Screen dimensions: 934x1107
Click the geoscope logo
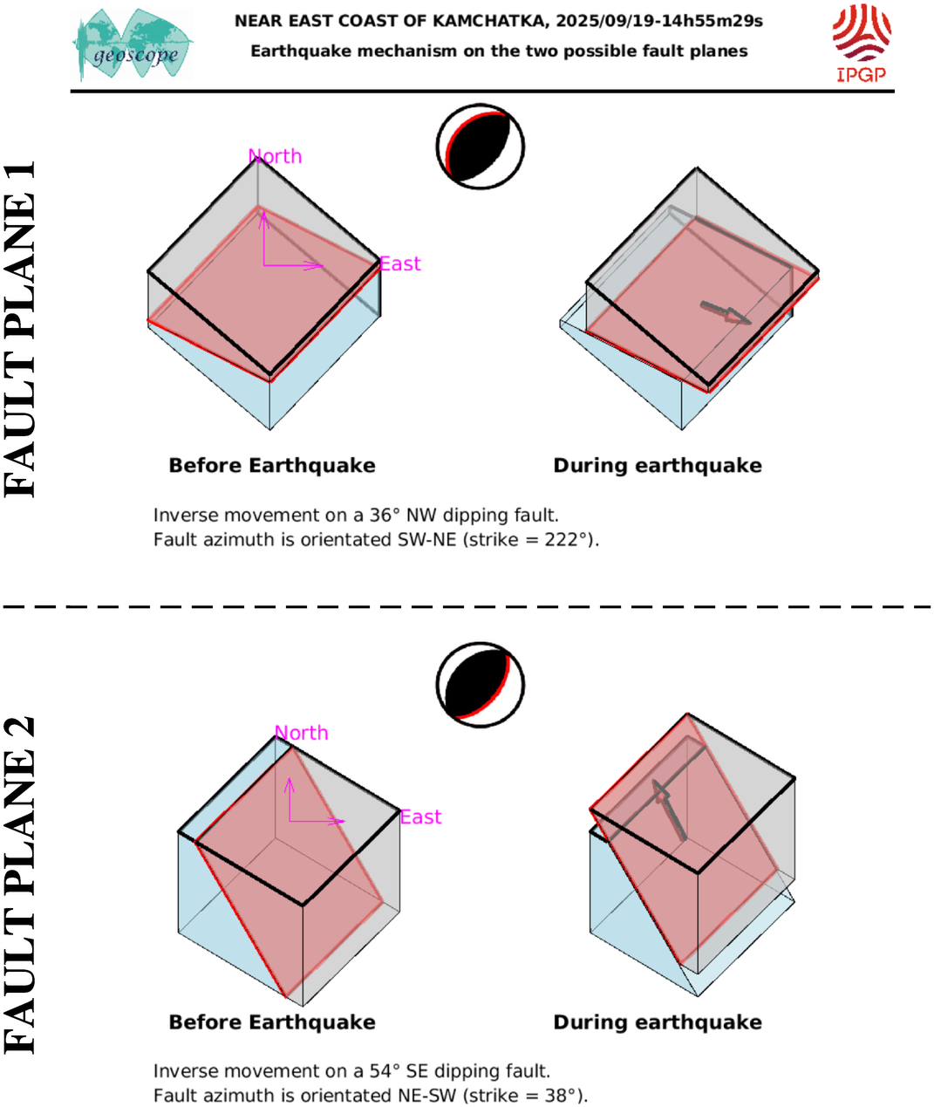133,44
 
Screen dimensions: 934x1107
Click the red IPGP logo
862,44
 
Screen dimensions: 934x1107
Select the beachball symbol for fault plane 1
481,147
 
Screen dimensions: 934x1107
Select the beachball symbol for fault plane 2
481,685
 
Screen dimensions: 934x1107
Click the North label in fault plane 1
275,156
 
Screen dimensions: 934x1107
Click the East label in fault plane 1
400,263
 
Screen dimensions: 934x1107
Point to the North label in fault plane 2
301,733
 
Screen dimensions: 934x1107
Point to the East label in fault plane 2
420,817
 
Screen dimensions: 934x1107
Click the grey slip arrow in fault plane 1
726,313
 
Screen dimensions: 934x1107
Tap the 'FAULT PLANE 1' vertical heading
19,329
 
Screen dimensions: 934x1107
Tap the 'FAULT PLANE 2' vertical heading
19,885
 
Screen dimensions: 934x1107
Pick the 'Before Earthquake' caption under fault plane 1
272,465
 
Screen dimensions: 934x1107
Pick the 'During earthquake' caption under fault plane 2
658,1022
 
